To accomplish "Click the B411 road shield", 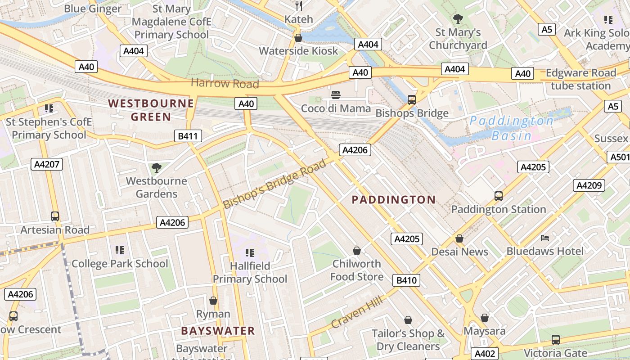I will click(x=188, y=136).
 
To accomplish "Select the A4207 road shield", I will click(x=47, y=164).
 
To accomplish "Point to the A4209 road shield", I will click(x=589, y=185).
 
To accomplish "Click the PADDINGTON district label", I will click(x=393, y=200).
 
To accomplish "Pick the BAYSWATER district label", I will click(x=218, y=331).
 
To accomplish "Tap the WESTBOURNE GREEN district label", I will click(x=151, y=110).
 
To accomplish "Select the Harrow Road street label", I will click(x=225, y=83).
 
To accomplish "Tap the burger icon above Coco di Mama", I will click(x=336, y=95).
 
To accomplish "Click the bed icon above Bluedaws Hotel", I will click(x=545, y=238).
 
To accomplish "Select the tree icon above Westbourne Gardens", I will click(x=156, y=168).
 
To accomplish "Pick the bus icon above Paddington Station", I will click(x=499, y=196).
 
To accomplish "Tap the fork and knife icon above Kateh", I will click(x=298, y=6).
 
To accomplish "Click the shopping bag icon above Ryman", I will click(x=213, y=300).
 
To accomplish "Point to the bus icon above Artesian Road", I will click(x=55, y=216).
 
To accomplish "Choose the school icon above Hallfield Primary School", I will click(x=250, y=252).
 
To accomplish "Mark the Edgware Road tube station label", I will click(x=580, y=79).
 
